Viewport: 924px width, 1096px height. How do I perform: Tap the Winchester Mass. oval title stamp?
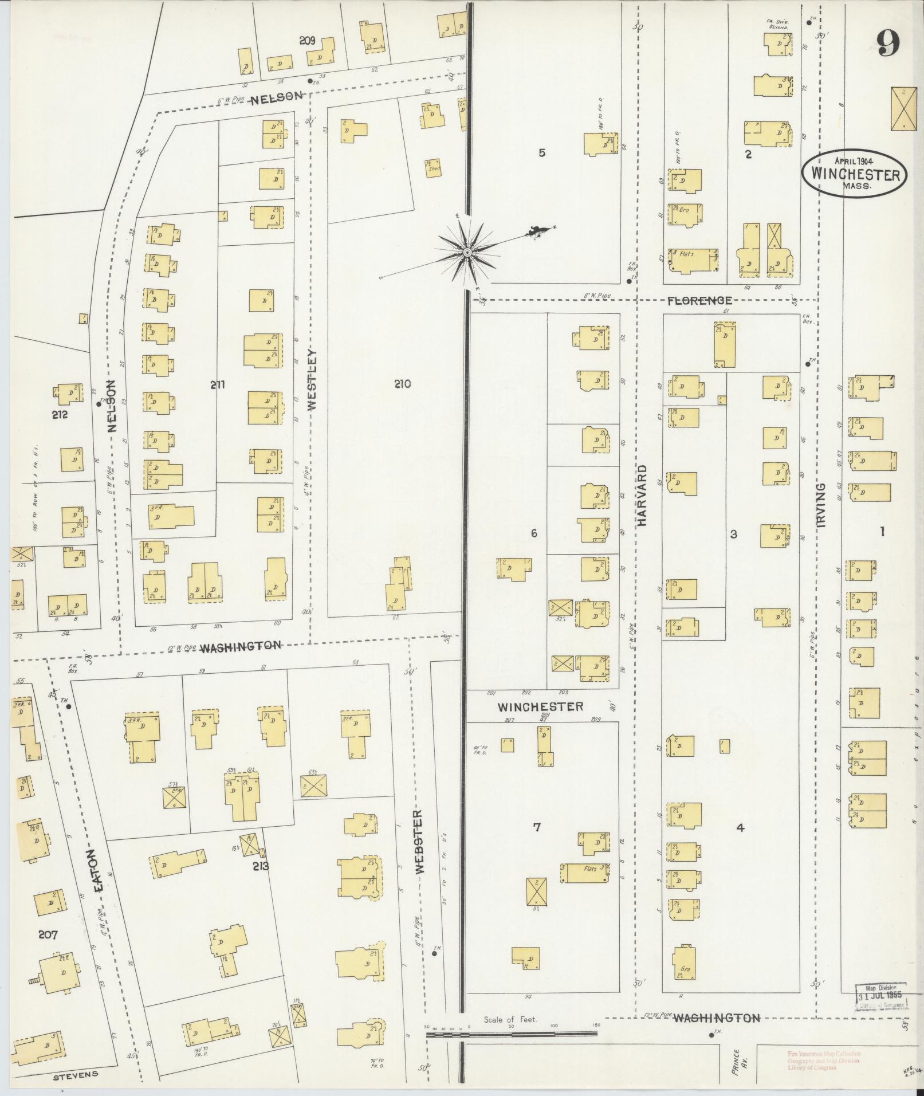point(854,175)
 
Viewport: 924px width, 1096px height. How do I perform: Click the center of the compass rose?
point(467,252)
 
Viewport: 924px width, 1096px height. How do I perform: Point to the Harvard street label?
point(642,496)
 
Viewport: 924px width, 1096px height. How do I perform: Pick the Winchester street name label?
point(540,706)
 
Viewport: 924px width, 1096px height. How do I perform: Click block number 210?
point(402,384)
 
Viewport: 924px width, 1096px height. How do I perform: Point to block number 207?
point(49,936)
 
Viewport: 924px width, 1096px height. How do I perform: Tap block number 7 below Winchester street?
point(536,827)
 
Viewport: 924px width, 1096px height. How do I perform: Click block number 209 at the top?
point(307,41)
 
